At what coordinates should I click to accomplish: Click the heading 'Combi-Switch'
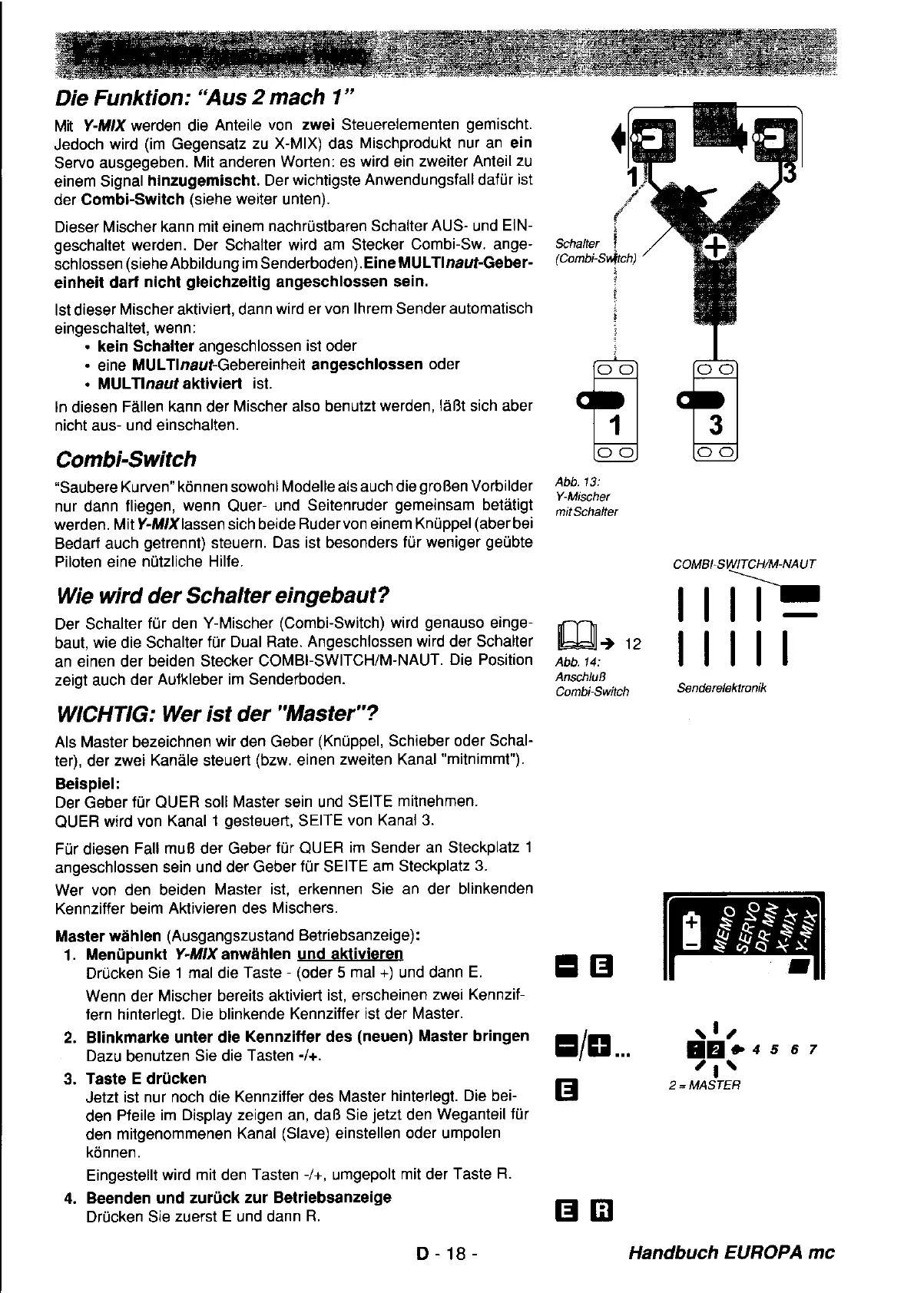click(x=126, y=459)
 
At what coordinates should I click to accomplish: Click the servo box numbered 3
click(x=715, y=411)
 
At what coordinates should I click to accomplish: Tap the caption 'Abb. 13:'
click(x=571, y=481)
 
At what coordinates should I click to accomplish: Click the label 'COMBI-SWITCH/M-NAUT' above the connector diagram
click(x=743, y=564)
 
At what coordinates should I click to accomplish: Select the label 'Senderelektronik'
click(x=721, y=688)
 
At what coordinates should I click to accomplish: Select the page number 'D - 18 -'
click(x=448, y=1254)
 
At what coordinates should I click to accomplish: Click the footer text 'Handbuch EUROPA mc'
click(x=730, y=1253)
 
